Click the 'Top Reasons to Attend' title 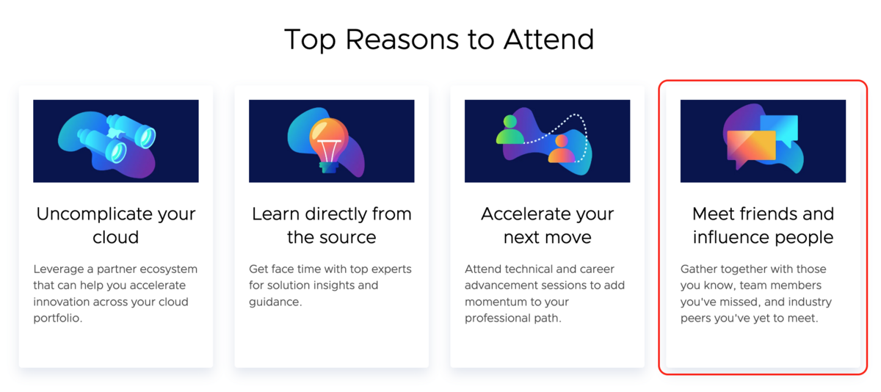point(439,40)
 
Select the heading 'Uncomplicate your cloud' point(116,225)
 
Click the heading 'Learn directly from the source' point(332,225)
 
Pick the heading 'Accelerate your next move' point(547,225)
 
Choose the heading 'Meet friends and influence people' point(763,225)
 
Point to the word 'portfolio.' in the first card point(58,319)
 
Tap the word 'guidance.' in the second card point(275,302)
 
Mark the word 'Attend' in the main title point(548,40)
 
